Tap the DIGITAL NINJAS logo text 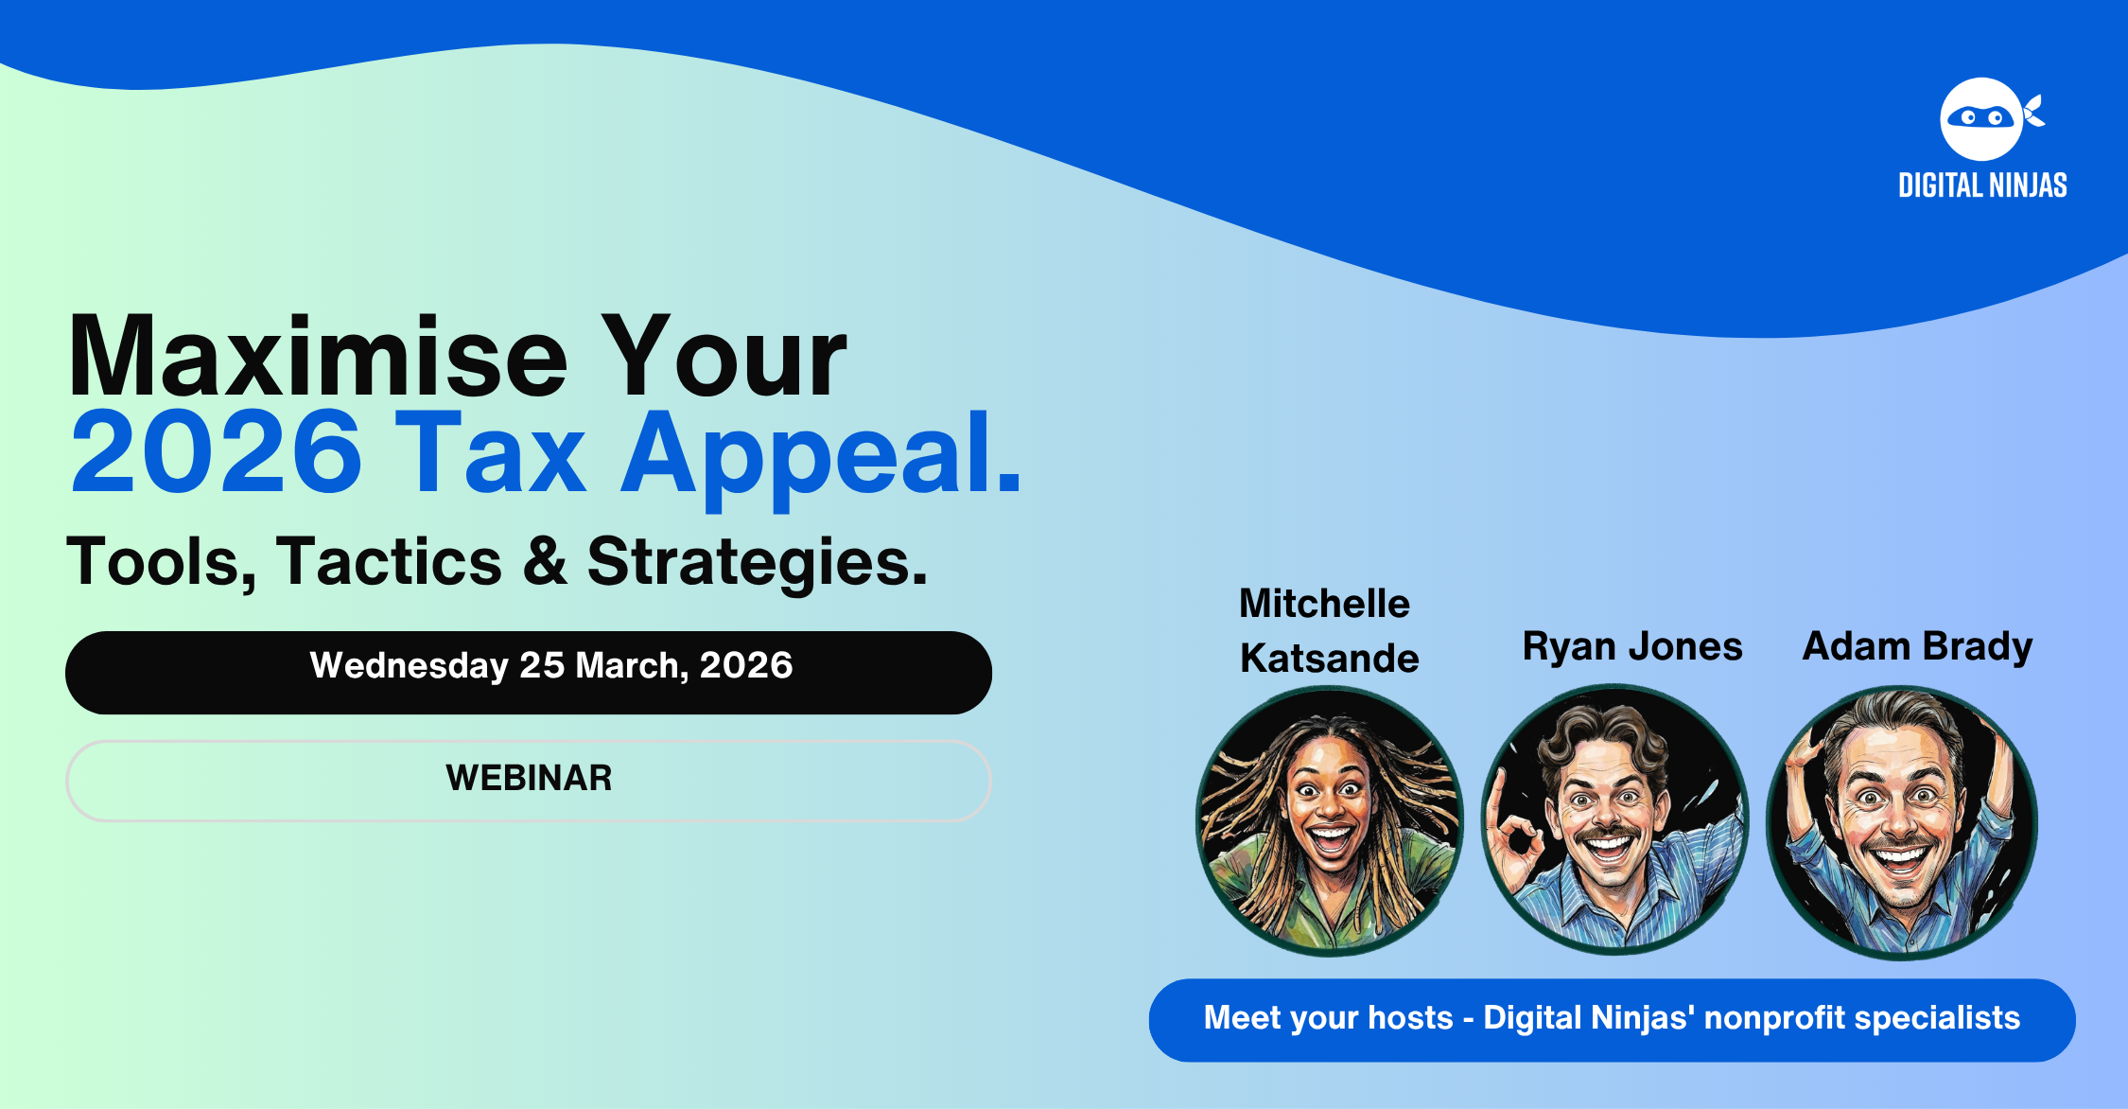[1982, 185]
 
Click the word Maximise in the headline [318, 357]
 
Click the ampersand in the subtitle [545, 561]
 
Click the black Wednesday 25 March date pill [529, 673]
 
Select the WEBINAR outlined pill [529, 781]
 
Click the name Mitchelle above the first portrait [1324, 603]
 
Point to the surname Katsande [1329, 658]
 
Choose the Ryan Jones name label [1631, 646]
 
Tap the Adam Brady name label [1917, 647]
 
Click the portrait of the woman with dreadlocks [1330, 820]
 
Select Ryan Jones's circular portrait [1614, 820]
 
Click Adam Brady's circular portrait [1901, 822]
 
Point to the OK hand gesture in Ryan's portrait [1516, 836]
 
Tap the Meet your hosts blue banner [1612, 1020]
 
